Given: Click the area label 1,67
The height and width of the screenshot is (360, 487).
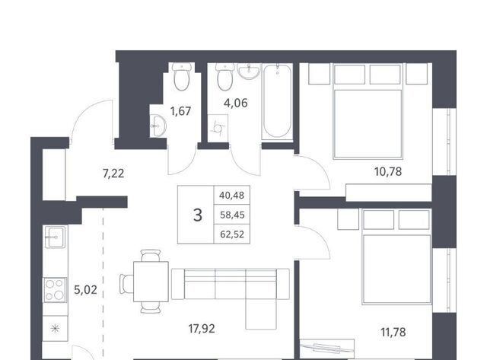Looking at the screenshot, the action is point(180,111).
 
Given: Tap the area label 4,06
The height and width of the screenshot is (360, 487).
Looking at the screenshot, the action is point(236,103).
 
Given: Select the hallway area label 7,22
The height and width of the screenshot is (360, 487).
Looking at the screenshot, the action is point(113,174).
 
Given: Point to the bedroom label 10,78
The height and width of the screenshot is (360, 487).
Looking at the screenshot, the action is point(388,171).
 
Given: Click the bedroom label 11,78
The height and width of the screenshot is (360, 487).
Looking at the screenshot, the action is point(393,332).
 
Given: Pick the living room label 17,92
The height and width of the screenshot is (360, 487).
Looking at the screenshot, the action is point(202,328).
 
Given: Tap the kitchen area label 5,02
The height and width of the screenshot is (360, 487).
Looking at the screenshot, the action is point(85,290).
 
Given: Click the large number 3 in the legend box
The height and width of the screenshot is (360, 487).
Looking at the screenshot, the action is point(198,215).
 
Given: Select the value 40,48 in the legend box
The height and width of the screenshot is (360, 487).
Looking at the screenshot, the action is point(231,196).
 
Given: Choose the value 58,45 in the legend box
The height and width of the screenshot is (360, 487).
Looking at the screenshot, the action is point(232,215).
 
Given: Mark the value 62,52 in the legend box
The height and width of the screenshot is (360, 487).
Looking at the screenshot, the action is point(232,234).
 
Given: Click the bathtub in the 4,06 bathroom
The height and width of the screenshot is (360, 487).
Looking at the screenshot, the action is point(277,101).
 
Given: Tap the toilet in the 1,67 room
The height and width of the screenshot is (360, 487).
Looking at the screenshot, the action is point(182,76).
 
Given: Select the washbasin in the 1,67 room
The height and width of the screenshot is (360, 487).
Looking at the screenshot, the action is point(158,126).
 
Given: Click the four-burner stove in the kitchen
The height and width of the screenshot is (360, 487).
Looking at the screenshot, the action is point(55,290).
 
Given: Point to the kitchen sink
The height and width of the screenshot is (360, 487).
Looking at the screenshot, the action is point(56,237).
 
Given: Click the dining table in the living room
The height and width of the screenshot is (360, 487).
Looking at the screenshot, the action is point(151,282).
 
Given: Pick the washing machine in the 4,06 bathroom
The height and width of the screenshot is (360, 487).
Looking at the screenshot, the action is point(218,128).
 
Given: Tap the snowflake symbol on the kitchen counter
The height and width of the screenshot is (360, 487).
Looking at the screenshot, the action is point(55,328).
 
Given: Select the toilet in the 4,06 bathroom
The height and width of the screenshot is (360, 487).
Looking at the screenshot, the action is point(225,76).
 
